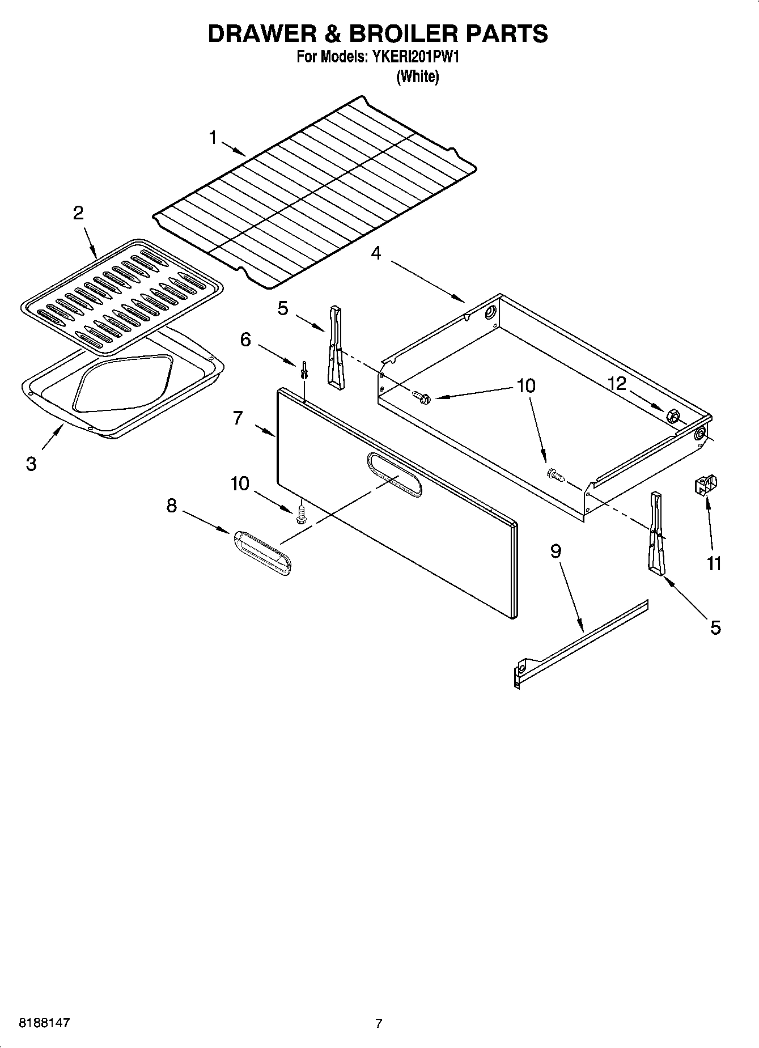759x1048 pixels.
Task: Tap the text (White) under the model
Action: [x=417, y=77]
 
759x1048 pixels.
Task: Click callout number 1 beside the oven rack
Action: [x=213, y=138]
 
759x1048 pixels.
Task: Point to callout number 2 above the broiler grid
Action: [x=78, y=213]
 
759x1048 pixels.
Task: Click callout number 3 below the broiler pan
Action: [x=31, y=464]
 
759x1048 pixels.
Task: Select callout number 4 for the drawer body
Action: [x=376, y=253]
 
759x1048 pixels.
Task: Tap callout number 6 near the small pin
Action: [x=245, y=340]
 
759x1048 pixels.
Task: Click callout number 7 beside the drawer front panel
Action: [x=238, y=418]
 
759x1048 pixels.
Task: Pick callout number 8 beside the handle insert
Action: [x=171, y=505]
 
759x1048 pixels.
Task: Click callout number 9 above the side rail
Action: [x=556, y=550]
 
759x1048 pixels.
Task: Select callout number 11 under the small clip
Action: [x=714, y=563]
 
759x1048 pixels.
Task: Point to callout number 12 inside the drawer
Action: [x=617, y=384]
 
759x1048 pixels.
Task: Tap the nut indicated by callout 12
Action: [x=674, y=415]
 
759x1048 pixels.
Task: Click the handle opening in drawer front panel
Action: [x=394, y=475]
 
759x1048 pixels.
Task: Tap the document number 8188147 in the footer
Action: [x=44, y=1023]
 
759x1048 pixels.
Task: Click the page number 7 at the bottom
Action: [x=379, y=1024]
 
